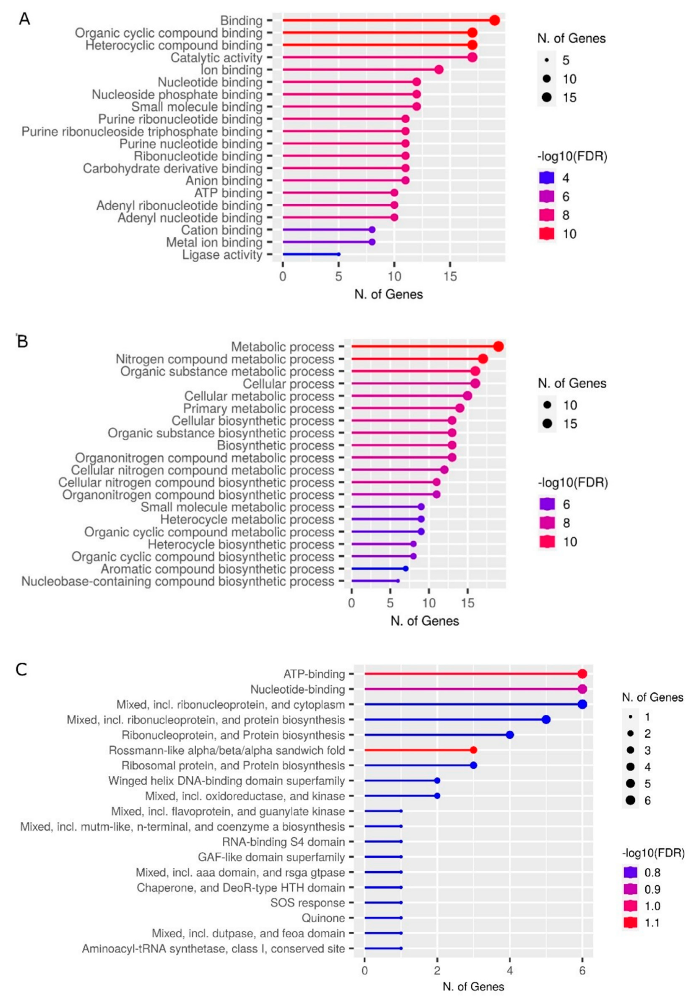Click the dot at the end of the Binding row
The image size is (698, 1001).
(x=494, y=21)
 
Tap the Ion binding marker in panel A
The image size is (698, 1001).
(x=439, y=70)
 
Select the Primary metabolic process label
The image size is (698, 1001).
(x=258, y=408)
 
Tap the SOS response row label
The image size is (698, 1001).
(x=307, y=902)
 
